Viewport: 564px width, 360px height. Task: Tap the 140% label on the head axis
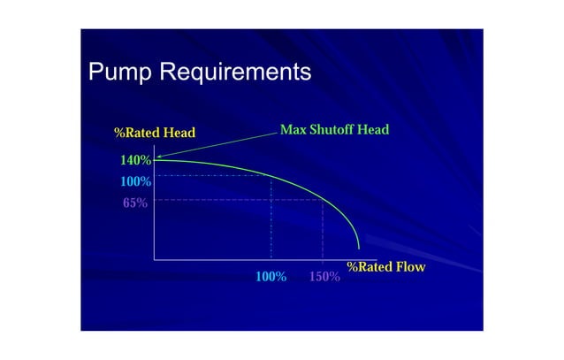coord(134,161)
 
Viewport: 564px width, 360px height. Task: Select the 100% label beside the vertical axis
coord(135,181)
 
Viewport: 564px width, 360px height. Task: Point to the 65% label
coord(135,203)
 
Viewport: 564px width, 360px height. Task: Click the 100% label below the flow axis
coord(271,277)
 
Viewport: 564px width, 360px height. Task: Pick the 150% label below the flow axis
coord(324,277)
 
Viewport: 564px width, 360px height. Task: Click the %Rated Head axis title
coord(154,134)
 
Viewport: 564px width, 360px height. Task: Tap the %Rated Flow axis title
coord(385,267)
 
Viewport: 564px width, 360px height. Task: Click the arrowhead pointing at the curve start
coord(157,158)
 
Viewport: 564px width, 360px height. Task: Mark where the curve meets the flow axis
coord(359,250)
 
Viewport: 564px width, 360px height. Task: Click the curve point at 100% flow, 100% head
coord(271,175)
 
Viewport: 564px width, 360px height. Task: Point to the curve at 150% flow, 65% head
coord(323,200)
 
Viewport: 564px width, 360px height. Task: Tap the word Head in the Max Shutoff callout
coord(373,130)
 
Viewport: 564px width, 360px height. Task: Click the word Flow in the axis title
coord(410,267)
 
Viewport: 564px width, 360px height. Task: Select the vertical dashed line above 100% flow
coord(271,221)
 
